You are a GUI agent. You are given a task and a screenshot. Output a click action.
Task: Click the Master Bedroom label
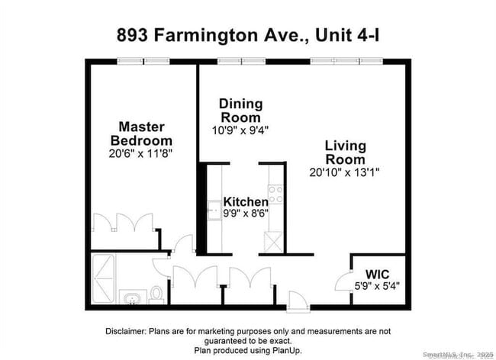[x=141, y=133]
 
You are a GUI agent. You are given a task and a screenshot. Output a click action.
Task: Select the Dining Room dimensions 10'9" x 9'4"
[x=240, y=130]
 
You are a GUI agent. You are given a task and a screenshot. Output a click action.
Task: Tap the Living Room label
[x=345, y=152]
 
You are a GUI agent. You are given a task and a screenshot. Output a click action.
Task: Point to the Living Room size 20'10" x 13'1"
[x=345, y=172]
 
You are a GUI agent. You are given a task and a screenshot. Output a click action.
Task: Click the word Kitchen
[x=245, y=202]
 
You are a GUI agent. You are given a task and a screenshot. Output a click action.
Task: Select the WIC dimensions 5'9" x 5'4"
[x=377, y=287]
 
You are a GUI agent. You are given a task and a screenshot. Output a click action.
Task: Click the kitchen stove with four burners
[x=276, y=194]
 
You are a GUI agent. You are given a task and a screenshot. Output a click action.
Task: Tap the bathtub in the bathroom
[x=104, y=279]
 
